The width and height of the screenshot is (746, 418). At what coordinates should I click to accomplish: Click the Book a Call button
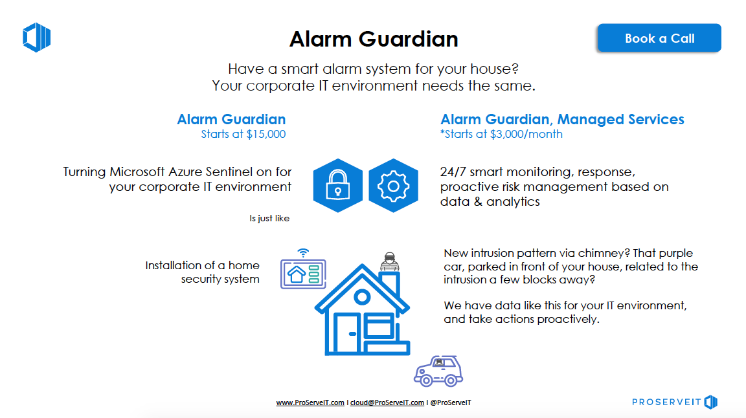click(x=659, y=38)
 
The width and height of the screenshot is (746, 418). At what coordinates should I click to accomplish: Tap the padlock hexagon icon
click(x=338, y=186)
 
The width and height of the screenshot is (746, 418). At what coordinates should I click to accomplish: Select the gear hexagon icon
click(x=394, y=186)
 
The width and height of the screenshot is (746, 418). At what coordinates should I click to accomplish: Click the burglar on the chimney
click(x=390, y=262)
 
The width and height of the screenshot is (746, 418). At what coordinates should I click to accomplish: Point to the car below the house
click(x=438, y=371)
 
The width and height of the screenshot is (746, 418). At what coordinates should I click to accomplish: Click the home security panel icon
click(x=303, y=274)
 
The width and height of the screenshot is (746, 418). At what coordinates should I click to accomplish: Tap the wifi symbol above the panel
click(x=303, y=252)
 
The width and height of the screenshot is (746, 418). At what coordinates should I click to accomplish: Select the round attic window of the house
click(x=362, y=297)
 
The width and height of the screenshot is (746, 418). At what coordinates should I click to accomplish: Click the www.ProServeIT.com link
click(x=310, y=402)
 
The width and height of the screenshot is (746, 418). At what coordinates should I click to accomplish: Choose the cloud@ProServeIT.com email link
click(x=387, y=402)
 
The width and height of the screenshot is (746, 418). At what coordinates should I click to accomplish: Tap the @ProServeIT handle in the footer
click(x=451, y=402)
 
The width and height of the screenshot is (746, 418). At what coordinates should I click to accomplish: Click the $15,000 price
click(x=266, y=134)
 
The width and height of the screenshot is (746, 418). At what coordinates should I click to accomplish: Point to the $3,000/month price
click(x=526, y=134)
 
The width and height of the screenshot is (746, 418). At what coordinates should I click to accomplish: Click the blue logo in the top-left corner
click(x=37, y=37)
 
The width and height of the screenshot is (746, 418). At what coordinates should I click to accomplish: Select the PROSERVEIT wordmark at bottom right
click(x=666, y=402)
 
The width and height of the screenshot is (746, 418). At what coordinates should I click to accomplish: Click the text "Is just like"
click(x=269, y=218)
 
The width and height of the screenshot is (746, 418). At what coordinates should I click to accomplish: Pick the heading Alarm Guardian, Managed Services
click(x=562, y=119)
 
